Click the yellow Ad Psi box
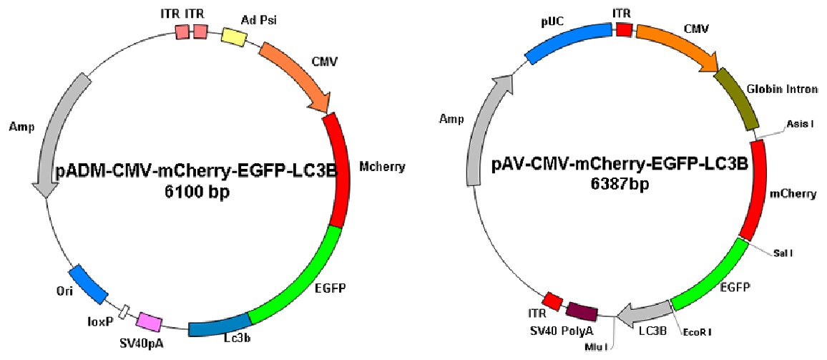point(233,37)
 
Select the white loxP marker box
point(124,311)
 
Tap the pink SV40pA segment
point(150,321)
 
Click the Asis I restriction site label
point(800,124)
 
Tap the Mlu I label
point(596,342)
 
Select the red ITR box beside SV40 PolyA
point(552,299)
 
